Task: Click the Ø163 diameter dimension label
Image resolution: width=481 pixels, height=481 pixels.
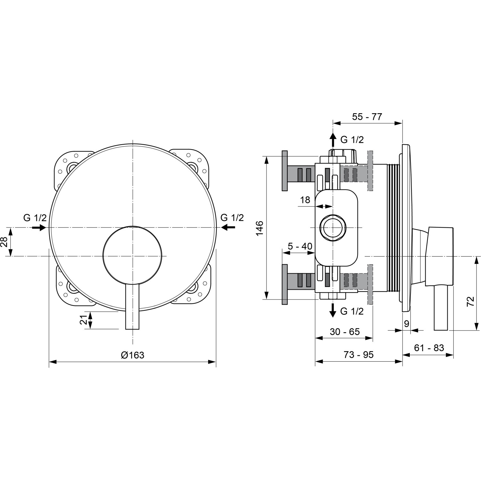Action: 133,355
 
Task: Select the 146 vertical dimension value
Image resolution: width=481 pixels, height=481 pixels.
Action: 260,228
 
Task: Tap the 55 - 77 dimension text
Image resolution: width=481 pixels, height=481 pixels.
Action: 367,117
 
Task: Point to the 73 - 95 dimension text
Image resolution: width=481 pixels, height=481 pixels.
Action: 359,355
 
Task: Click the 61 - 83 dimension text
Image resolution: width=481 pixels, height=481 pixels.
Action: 429,348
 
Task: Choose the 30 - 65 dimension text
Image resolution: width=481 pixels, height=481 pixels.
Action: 345,332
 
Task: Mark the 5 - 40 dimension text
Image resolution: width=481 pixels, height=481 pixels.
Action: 300,246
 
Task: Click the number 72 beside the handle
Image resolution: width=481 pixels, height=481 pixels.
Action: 470,302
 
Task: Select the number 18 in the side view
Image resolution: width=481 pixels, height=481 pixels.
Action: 305,200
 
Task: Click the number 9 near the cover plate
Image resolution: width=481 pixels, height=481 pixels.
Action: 406,324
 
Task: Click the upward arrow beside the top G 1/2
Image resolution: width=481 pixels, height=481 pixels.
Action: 333,139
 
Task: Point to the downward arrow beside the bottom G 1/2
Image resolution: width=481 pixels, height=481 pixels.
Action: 333,310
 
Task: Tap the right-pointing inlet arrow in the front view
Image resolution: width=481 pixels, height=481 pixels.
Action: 39,227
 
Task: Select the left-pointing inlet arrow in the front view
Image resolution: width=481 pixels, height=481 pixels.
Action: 228,227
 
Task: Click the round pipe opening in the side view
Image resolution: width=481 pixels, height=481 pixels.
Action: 333,228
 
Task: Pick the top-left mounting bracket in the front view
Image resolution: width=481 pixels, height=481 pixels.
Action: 68,167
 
